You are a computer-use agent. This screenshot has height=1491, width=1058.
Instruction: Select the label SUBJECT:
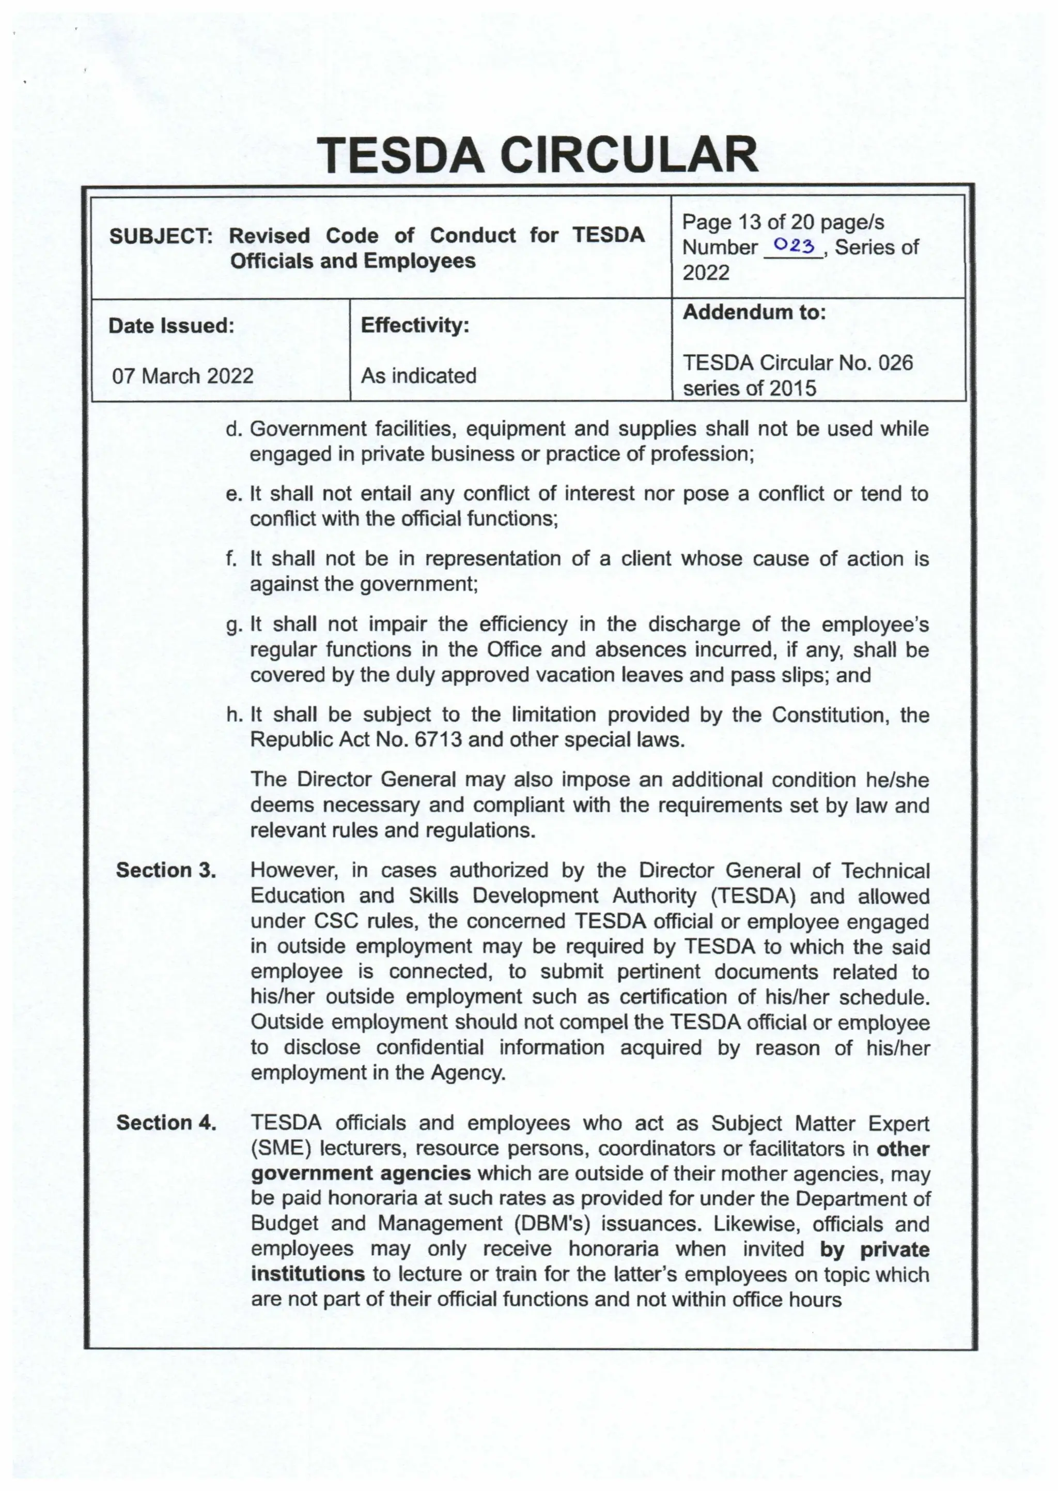[x=161, y=236]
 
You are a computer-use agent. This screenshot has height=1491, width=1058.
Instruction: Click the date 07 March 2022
[x=183, y=376]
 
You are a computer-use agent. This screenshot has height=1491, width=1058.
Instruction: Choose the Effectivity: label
[x=415, y=325]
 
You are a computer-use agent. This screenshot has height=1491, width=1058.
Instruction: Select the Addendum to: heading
[x=754, y=312]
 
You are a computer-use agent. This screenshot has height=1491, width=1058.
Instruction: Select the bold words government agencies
[x=361, y=1174]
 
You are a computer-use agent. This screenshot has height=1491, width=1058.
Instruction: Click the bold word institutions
[x=308, y=1274]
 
